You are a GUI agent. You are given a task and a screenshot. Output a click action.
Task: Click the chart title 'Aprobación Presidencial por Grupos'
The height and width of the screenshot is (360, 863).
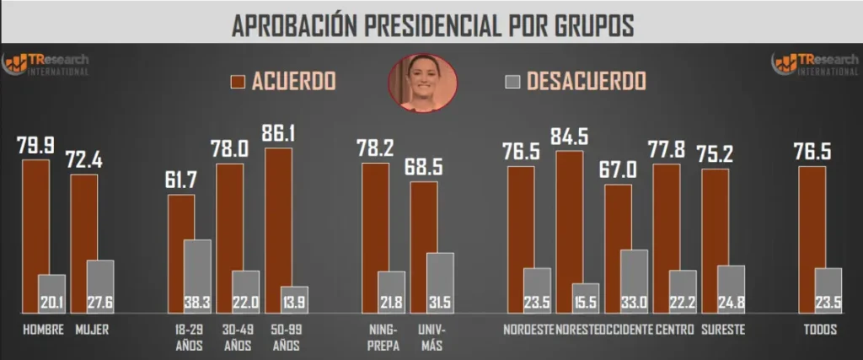(x=431, y=24)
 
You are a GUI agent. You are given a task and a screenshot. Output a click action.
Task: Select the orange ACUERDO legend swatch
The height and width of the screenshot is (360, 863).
(x=238, y=81)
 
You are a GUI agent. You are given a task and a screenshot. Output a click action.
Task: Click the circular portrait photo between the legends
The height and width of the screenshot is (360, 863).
(x=421, y=83)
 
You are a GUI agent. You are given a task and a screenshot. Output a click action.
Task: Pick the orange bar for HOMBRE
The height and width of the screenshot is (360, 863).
(x=35, y=228)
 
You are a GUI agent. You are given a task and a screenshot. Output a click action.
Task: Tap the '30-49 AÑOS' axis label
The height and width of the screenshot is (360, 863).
(x=230, y=337)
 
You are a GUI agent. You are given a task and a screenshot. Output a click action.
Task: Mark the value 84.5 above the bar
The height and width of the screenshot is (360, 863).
(x=570, y=136)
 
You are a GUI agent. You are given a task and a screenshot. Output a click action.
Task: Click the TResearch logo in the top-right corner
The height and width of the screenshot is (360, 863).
(x=814, y=64)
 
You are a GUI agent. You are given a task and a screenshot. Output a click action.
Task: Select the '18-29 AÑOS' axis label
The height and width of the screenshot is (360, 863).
(x=181, y=337)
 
